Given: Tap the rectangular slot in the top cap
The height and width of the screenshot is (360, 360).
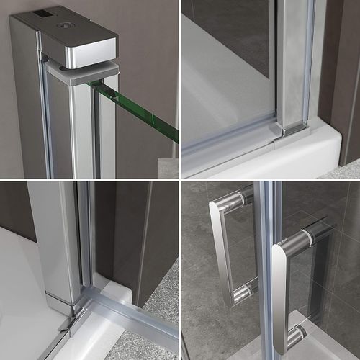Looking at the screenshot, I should (43, 14).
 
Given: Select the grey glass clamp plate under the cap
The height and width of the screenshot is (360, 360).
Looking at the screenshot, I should (83, 71).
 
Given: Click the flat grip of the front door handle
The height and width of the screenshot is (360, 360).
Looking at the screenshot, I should (280, 288).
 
